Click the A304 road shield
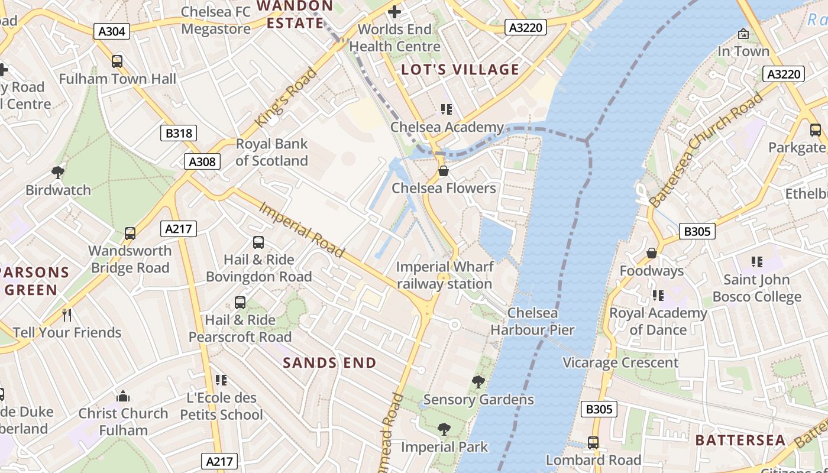pos(111,31)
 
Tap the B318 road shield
pos(179,133)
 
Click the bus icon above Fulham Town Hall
pos(117,61)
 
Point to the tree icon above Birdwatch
pos(58,173)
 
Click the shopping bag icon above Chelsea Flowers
pos(444,171)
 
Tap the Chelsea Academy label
pos(447,127)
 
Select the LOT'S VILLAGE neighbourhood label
pos(460,70)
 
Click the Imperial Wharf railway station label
pos(444,276)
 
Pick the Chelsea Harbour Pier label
pos(532,321)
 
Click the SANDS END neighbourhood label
pos(329,363)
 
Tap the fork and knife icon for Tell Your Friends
pos(67,315)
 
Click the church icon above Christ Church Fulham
pos(123,396)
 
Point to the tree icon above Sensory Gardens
pos(478,382)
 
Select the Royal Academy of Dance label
pos(658,321)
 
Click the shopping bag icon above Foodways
pos(652,253)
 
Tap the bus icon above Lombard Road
pos(593,442)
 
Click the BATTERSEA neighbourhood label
pos(740,440)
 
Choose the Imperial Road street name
pos(302,231)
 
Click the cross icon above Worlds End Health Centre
pos(394,11)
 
